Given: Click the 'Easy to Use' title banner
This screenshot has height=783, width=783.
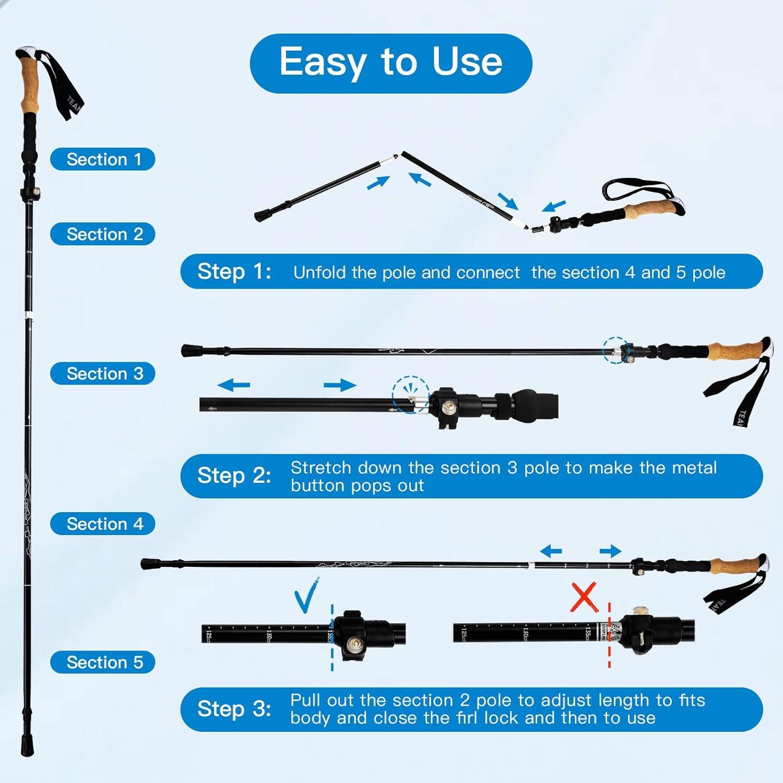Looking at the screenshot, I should (390, 63).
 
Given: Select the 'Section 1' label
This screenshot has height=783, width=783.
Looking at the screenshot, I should (103, 159).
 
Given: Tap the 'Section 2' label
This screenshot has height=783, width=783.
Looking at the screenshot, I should (103, 234).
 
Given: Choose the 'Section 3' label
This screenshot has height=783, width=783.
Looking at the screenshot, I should (103, 374).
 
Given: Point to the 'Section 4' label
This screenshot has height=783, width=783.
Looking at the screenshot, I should (103, 524).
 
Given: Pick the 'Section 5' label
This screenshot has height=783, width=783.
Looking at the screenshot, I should (103, 662).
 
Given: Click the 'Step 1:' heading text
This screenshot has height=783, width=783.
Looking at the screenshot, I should (234, 272).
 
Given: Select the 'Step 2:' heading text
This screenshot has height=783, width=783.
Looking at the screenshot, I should (234, 476).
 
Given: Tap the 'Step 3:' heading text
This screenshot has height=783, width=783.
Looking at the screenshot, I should (234, 709).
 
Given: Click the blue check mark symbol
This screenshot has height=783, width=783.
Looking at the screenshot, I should (306, 596).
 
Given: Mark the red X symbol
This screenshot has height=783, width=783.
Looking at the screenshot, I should (584, 598).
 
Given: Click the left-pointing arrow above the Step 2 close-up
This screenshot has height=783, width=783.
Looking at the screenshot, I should (233, 386).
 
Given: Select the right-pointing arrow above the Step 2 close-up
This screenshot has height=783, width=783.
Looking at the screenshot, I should (340, 386).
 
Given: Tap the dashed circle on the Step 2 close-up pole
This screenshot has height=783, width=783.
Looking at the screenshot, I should (411, 394).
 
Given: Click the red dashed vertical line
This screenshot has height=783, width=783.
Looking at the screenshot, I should (609, 634).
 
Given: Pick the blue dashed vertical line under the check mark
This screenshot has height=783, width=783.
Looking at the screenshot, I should (331, 637).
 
